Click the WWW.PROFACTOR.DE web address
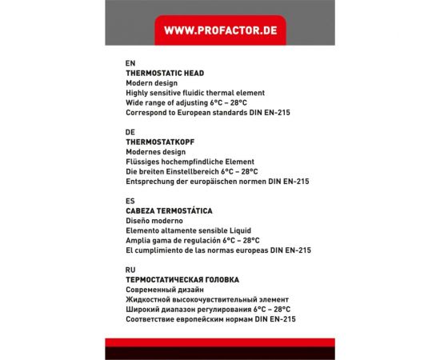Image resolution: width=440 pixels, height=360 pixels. pyautogui.click(x=219, y=30)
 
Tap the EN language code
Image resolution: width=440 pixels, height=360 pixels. pyautogui.click(x=130, y=62)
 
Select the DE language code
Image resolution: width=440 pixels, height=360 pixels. pyautogui.click(x=130, y=131)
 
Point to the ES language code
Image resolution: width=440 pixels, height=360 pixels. pyautogui.click(x=130, y=201)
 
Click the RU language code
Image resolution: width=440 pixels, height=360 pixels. pyautogui.click(x=130, y=270)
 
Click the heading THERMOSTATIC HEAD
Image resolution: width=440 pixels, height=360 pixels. pyautogui.click(x=165, y=73)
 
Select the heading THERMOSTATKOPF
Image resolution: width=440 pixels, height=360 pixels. pyautogui.click(x=161, y=142)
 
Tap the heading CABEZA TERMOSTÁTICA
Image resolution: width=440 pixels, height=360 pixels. pyautogui.click(x=169, y=210)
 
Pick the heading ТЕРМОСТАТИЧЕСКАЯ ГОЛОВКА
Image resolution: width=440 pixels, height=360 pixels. pyautogui.click(x=182, y=279)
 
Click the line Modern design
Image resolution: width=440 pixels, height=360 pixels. pyautogui.click(x=151, y=83)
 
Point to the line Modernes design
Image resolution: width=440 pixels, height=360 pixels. pyautogui.click(x=156, y=152)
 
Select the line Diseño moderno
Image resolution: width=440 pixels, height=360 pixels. pyautogui.click(x=154, y=221)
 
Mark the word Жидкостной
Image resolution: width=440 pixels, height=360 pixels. pyautogui.click(x=150, y=299)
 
